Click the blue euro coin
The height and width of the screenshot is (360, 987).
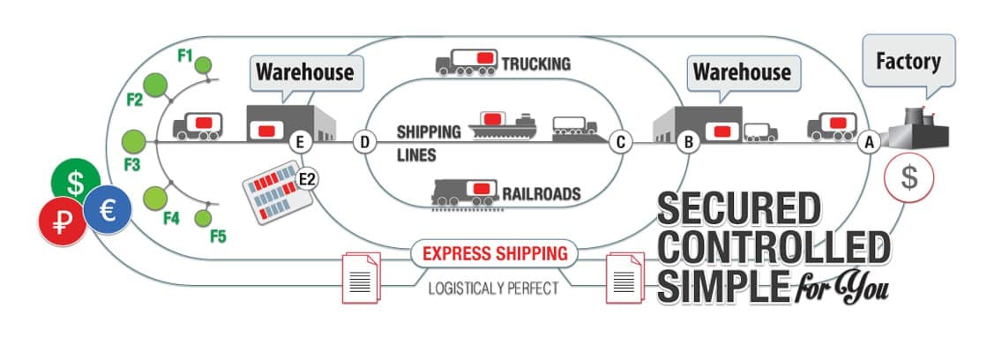108,208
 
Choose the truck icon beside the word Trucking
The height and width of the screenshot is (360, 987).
467,62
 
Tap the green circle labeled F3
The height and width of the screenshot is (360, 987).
134,141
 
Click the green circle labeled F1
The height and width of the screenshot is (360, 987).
204,64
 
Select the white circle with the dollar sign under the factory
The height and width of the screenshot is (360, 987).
908,176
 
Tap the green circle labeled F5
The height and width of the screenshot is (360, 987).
203,216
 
